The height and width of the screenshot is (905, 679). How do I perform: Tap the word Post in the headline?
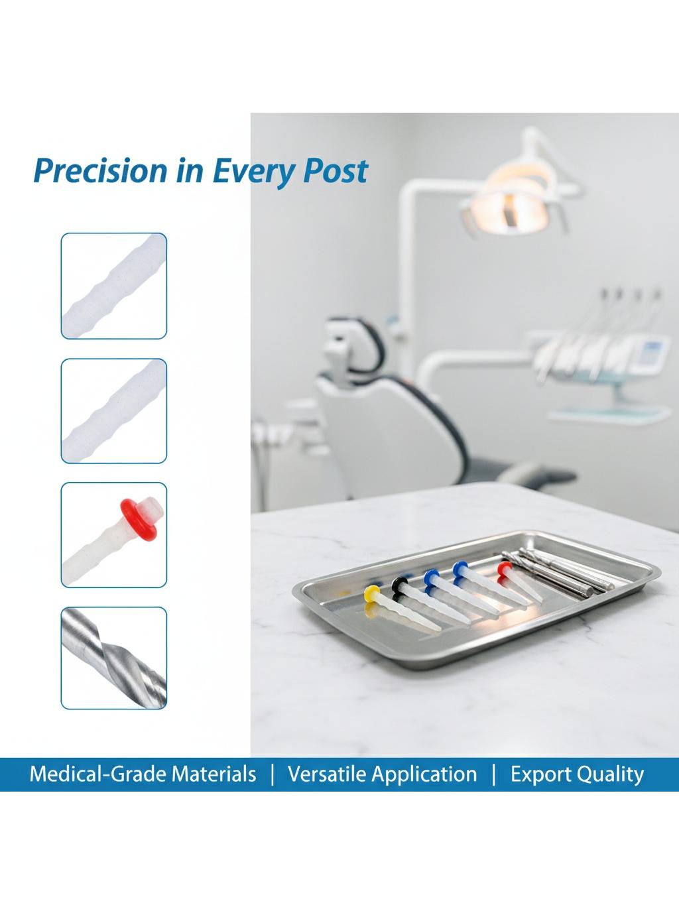tap(335, 170)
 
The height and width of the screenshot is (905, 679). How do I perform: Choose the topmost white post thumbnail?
tap(114, 286)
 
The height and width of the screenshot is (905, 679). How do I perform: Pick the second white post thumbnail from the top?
tap(114, 410)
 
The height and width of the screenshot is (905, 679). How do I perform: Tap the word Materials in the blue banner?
tap(214, 774)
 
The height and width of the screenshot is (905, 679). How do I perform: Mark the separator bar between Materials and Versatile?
tap(272, 774)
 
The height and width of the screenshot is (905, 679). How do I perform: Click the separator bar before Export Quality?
tap(494, 774)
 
